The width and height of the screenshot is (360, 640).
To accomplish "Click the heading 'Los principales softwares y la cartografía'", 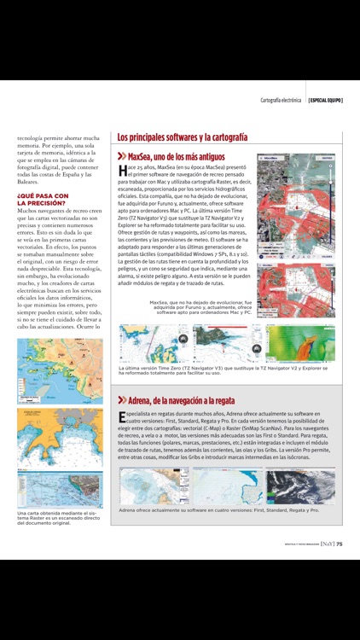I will [183, 137].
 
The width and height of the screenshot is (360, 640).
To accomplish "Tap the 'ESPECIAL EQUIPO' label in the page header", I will [325, 100].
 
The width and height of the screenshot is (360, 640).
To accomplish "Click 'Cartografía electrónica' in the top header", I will [281, 100].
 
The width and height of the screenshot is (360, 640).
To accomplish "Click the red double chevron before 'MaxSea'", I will [122, 156].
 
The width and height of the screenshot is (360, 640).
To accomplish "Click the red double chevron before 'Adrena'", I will [122, 399].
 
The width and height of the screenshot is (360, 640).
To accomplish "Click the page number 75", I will [339, 543].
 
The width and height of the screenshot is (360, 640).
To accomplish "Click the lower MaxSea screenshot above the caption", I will [296, 277].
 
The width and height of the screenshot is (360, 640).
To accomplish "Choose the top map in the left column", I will [60, 371].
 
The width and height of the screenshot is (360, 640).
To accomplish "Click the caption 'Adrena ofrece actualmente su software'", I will [219, 510].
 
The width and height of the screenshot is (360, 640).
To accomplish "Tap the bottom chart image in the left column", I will [60, 490].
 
